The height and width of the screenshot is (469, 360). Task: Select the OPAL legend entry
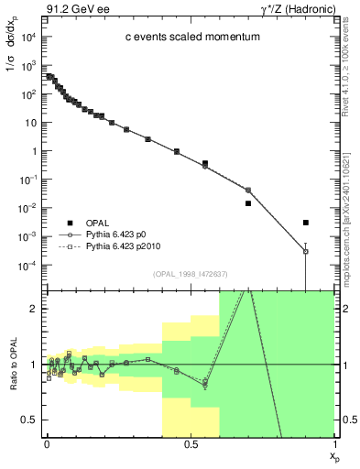(x=101, y=223)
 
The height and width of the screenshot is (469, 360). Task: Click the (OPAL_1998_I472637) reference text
(x=191, y=273)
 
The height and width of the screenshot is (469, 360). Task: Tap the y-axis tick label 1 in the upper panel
(x=35, y=151)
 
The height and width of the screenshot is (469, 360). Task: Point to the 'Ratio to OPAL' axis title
(x=13, y=364)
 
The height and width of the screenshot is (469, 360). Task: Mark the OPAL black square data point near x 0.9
(x=306, y=223)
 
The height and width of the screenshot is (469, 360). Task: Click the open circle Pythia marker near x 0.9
(x=306, y=251)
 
